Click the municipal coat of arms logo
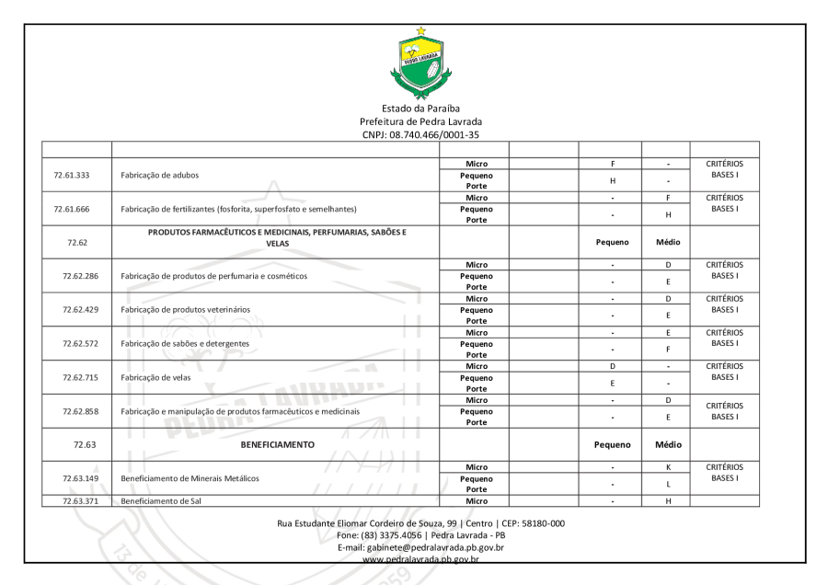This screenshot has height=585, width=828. pos(421,62)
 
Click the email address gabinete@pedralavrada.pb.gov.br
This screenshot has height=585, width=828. pos(421,547)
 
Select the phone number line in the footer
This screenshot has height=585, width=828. pos(421,535)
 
